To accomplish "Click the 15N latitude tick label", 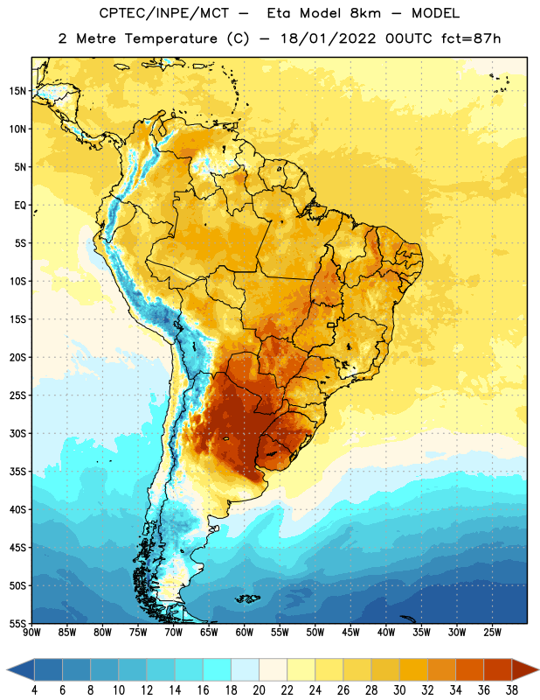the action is click(x=17, y=91).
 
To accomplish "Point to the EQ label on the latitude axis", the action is click(x=20, y=206).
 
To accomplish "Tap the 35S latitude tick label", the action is click(x=17, y=472).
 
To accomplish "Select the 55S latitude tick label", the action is click(x=17, y=623).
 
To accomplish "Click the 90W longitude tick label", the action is click(x=31, y=633).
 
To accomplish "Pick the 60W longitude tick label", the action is click(x=245, y=633).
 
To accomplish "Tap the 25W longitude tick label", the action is click(x=492, y=633).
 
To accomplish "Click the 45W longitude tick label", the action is click(x=350, y=633).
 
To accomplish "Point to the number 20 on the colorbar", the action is click(x=259, y=690).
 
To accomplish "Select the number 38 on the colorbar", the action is click(x=512, y=690).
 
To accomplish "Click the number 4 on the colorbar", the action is click(x=34, y=690).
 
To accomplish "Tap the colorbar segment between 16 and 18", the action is click(x=218, y=669).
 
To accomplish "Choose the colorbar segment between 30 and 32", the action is click(x=413, y=669).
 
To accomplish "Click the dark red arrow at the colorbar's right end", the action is click(x=524, y=669).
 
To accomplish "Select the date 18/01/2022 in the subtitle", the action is click(x=329, y=38).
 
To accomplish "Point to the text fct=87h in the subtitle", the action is click(x=471, y=38).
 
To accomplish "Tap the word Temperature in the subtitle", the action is click(x=170, y=38).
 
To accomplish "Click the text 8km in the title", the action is click(x=365, y=13).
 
